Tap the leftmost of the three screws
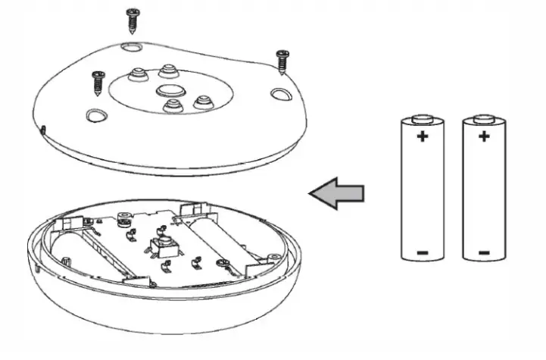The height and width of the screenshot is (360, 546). (98, 82)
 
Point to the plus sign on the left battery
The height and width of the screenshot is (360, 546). (422, 137)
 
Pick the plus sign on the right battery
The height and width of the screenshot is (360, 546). (483, 137)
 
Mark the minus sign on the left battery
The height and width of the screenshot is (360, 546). (422, 252)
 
